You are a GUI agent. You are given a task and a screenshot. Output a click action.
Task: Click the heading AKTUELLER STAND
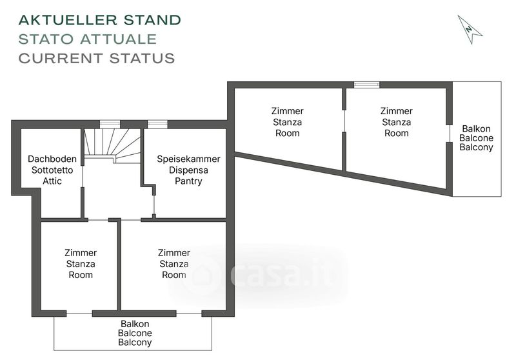click(100, 20)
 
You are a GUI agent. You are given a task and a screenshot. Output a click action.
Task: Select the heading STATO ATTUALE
click(88, 39)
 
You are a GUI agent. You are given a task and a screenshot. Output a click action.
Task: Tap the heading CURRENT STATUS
click(97, 58)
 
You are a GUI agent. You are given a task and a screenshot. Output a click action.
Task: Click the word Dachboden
click(52, 159)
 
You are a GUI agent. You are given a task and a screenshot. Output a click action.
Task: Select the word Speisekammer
click(189, 159)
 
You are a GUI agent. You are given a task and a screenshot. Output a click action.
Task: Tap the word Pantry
click(188, 181)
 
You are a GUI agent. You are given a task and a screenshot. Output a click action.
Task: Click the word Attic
click(52, 181)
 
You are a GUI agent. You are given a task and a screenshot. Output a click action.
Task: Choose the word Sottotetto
click(52, 170)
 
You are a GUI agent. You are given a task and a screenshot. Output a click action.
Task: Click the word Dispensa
click(188, 170)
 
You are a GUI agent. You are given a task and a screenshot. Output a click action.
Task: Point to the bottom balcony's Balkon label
click(135, 323)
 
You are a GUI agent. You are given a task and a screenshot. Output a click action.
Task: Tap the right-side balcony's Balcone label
click(477, 137)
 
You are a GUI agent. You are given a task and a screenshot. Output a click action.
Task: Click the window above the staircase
click(110, 124)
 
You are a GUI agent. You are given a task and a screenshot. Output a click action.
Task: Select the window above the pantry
click(157, 124)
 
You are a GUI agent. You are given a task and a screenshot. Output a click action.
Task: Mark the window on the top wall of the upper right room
click(367, 85)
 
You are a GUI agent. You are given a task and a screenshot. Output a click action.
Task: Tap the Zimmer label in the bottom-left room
click(81, 253)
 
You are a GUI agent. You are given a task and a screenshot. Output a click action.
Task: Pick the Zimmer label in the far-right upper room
click(397, 111)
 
